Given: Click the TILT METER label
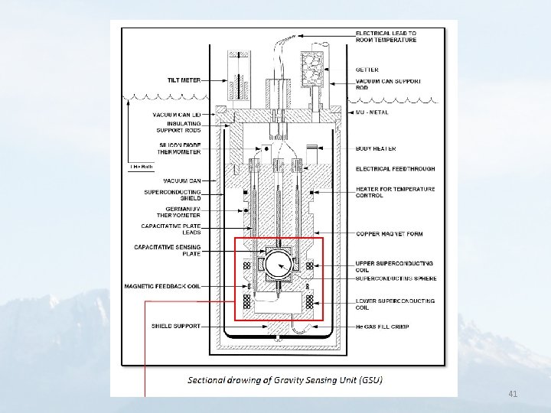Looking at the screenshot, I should coord(184,79).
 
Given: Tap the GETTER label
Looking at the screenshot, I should coord(367,70).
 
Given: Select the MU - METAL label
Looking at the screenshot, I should coord(372,112).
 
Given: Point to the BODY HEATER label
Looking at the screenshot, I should coord(376,148).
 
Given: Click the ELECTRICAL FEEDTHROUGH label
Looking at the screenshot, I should coord(395,169).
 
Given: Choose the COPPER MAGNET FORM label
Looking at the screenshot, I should coord(389,233).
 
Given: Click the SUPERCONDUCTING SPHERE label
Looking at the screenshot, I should coord(396,278).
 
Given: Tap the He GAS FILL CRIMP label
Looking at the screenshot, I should coord(382,327).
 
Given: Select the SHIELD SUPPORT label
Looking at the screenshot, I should coord(176,326).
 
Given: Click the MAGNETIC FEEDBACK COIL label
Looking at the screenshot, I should coord(162,287).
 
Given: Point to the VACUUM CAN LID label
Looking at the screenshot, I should coord(177,115).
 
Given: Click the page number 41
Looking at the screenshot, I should coord(513,394).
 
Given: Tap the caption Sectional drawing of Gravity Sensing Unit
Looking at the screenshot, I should coord(285,380).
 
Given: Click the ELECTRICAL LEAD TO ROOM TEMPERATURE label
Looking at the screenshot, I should coord(386,37).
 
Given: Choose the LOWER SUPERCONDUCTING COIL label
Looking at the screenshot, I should coord(395,304).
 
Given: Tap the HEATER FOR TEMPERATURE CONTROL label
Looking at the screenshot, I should coord(395,192).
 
